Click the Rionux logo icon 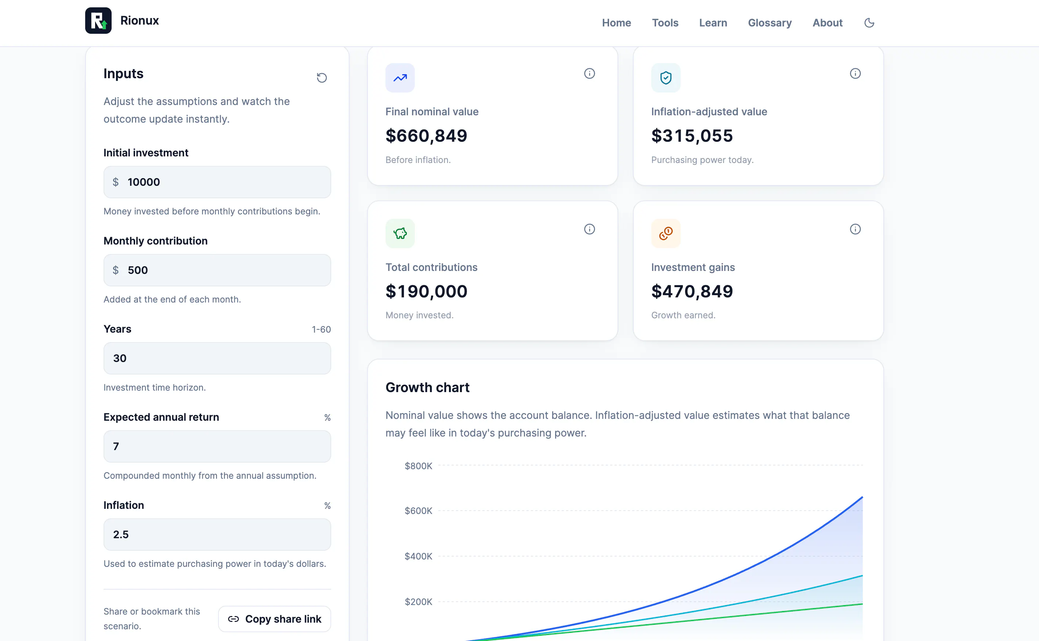pyautogui.click(x=98, y=20)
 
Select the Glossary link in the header pyautogui.click(x=770, y=23)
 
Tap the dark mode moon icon pyautogui.click(x=869, y=23)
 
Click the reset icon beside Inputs pyautogui.click(x=322, y=77)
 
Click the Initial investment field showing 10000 pyautogui.click(x=217, y=182)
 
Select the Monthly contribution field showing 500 pyautogui.click(x=217, y=270)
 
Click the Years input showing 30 pyautogui.click(x=217, y=358)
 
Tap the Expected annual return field pyautogui.click(x=217, y=446)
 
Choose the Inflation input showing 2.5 pyautogui.click(x=217, y=535)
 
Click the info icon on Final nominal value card pyautogui.click(x=589, y=73)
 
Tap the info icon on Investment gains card pyautogui.click(x=855, y=229)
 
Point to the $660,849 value pyautogui.click(x=426, y=136)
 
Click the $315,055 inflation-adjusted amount pyautogui.click(x=692, y=136)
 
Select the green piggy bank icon pyautogui.click(x=400, y=233)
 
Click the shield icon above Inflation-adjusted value pyautogui.click(x=666, y=77)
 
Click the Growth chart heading pyautogui.click(x=427, y=387)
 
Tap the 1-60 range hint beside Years pyautogui.click(x=321, y=329)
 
